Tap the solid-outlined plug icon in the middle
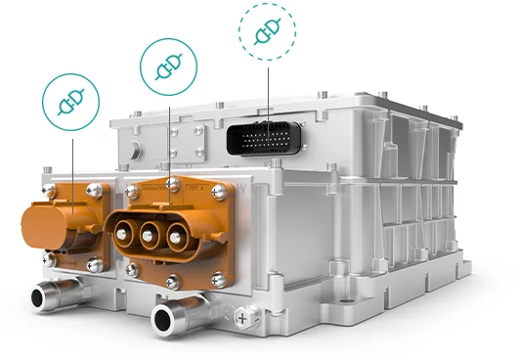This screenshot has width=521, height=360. coord(170,67)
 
